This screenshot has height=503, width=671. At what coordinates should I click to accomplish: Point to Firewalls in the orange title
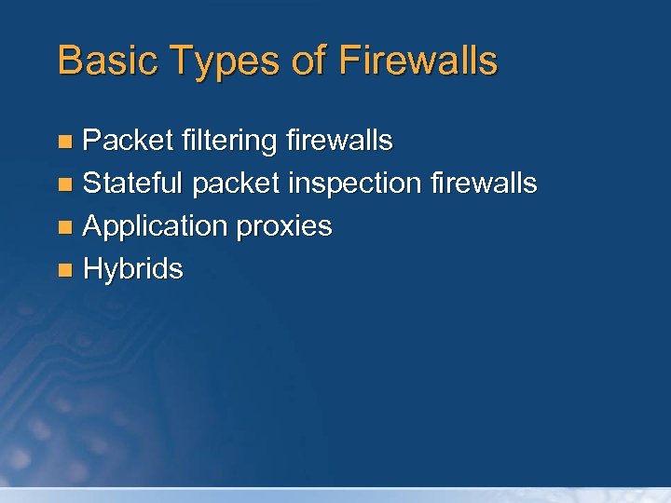[418, 61]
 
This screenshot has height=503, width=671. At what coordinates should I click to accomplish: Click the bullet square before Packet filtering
[64, 143]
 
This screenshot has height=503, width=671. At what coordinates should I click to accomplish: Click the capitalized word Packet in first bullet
[129, 141]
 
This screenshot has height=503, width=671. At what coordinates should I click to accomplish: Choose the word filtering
[229, 142]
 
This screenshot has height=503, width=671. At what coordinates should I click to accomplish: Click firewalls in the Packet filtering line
[339, 141]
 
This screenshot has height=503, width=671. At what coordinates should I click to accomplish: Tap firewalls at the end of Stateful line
[484, 184]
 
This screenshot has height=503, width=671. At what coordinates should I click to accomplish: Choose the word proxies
[284, 227]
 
